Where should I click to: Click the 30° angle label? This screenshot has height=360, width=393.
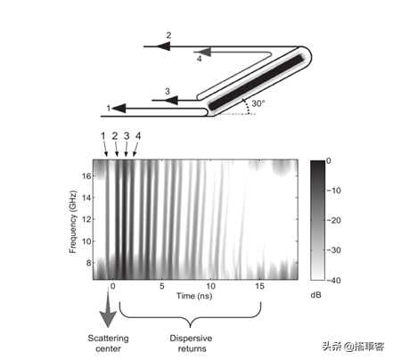point(258,103)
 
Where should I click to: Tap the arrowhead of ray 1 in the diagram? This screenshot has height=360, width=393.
point(119,109)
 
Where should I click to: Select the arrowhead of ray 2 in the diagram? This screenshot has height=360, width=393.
point(163,46)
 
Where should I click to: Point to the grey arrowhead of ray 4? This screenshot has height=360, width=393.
point(204,52)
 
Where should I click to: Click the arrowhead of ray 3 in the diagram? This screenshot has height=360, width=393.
point(171,100)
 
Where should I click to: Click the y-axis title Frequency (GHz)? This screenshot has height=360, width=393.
point(72,222)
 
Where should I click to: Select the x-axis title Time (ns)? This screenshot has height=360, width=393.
point(194,296)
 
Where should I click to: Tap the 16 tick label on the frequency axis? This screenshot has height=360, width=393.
point(86,176)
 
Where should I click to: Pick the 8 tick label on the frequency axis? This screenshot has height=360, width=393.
point(88,263)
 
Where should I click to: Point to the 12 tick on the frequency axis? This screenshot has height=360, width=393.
point(86,219)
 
